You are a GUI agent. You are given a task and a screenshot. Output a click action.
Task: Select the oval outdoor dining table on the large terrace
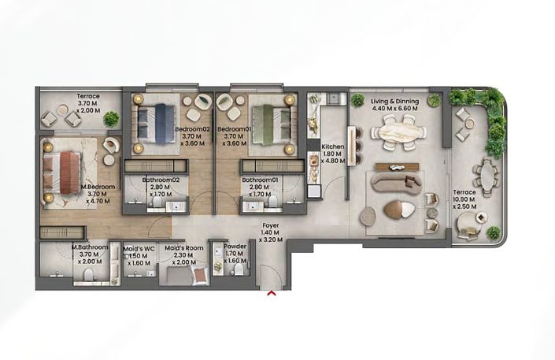click(x=490, y=178)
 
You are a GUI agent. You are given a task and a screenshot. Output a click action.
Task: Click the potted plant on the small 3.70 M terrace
click(x=111, y=119)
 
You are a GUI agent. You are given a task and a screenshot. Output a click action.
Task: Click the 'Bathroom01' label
click(x=261, y=180)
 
